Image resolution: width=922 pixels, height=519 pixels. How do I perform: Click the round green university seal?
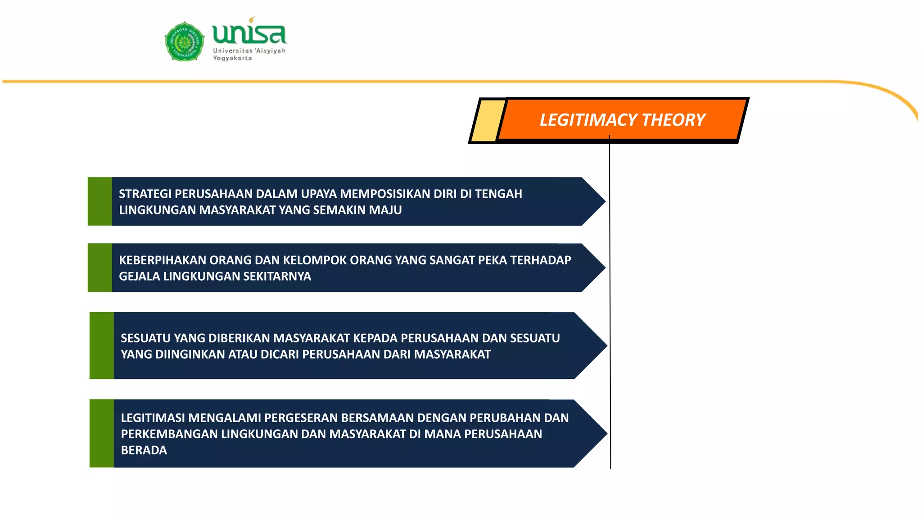click(184, 41)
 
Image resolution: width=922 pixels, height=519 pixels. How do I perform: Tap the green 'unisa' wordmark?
click(249, 33)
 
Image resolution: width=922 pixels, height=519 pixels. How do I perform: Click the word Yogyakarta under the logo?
click(232, 58)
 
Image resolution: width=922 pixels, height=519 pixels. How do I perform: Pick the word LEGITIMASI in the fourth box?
click(153, 418)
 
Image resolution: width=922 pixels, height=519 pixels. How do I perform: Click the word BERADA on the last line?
click(144, 450)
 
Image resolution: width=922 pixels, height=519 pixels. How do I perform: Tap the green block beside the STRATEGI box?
click(99, 201)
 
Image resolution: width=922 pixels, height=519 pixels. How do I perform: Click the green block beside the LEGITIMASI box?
click(101, 433)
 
